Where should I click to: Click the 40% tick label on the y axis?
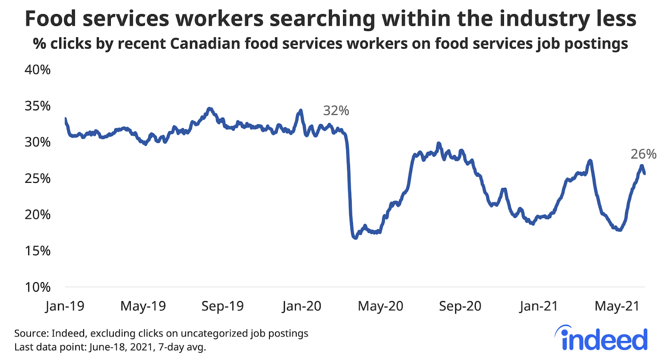click(x=38, y=70)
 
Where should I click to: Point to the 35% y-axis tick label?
click(x=38, y=106)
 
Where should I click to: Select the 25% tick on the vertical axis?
click(x=38, y=178)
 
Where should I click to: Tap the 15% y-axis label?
click(x=38, y=251)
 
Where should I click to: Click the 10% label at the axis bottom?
click(x=38, y=287)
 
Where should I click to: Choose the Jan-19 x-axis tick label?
click(x=65, y=306)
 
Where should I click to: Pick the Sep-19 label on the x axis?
click(x=223, y=306)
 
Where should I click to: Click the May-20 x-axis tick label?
click(x=380, y=306)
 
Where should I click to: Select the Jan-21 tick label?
click(x=539, y=306)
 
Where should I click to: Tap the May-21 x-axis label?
click(x=617, y=306)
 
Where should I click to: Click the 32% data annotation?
click(x=336, y=111)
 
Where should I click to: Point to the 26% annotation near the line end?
click(x=643, y=154)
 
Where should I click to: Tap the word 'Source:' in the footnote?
click(x=31, y=334)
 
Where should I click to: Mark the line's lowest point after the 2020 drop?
click(x=355, y=238)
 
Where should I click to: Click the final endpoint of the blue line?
click(x=645, y=173)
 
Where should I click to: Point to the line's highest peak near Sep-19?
click(x=210, y=108)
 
